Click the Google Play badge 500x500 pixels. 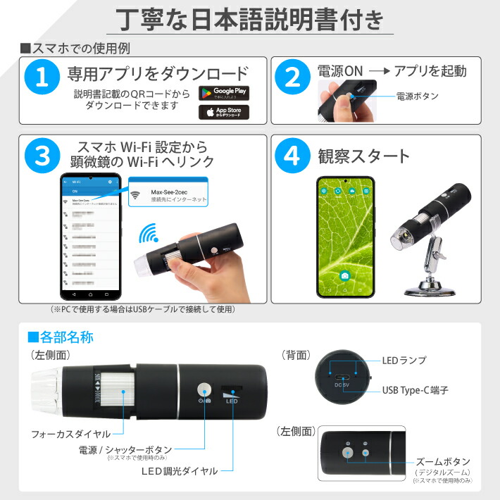pyautogui.click(x=224, y=93)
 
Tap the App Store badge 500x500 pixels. pyautogui.click(x=224, y=113)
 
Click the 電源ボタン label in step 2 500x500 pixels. pyautogui.click(x=418, y=96)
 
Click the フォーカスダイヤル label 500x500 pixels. pyautogui.click(x=71, y=434)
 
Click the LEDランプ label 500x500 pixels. pyautogui.click(x=404, y=360)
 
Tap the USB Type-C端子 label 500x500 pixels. pyautogui.click(x=415, y=389)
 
